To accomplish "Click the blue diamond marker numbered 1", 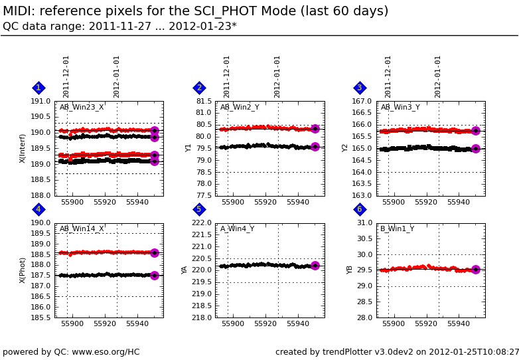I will pos(38,88).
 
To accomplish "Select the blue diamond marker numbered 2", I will pos(199,88).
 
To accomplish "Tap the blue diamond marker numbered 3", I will pos(360,88).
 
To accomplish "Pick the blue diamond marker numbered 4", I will pos(38,209).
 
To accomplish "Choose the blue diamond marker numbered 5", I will pos(199,209).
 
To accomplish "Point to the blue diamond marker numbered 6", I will pos(360,209).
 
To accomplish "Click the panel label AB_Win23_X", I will pos(82,108).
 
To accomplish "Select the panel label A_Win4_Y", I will pos(237,229).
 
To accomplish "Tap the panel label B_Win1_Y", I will pos(397,229).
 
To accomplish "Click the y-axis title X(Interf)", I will pos(23,148).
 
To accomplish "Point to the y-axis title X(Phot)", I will pos(23,270).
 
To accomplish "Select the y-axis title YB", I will pos(350,270).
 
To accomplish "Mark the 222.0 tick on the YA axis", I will pos(201,223).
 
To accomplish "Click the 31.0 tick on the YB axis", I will pos(364,223).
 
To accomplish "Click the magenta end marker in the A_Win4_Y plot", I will pos(315,266).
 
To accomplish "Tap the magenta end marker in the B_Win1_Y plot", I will pos(475,270).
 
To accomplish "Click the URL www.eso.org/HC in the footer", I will pos(108,352).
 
